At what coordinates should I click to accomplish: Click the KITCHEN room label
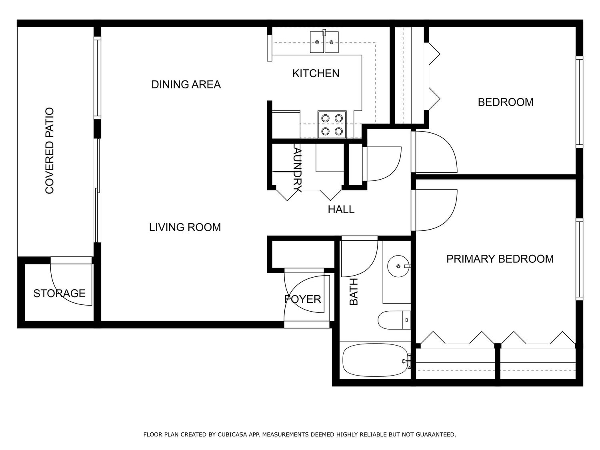316,74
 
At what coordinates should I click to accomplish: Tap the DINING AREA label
186,84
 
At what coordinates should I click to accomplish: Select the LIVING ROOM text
185,227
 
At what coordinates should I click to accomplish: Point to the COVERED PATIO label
50,151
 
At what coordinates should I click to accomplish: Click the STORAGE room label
59,294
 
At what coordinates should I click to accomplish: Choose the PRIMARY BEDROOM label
500,259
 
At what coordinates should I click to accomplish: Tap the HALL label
341,210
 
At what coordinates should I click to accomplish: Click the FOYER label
302,299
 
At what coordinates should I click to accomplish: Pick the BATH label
354,292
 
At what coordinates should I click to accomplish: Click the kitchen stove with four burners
332,124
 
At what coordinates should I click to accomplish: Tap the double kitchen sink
324,42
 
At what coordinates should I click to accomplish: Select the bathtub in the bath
374,360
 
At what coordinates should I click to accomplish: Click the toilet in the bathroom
394,320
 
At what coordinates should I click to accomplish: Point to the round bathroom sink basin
398,266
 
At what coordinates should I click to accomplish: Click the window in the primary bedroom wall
579,260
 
